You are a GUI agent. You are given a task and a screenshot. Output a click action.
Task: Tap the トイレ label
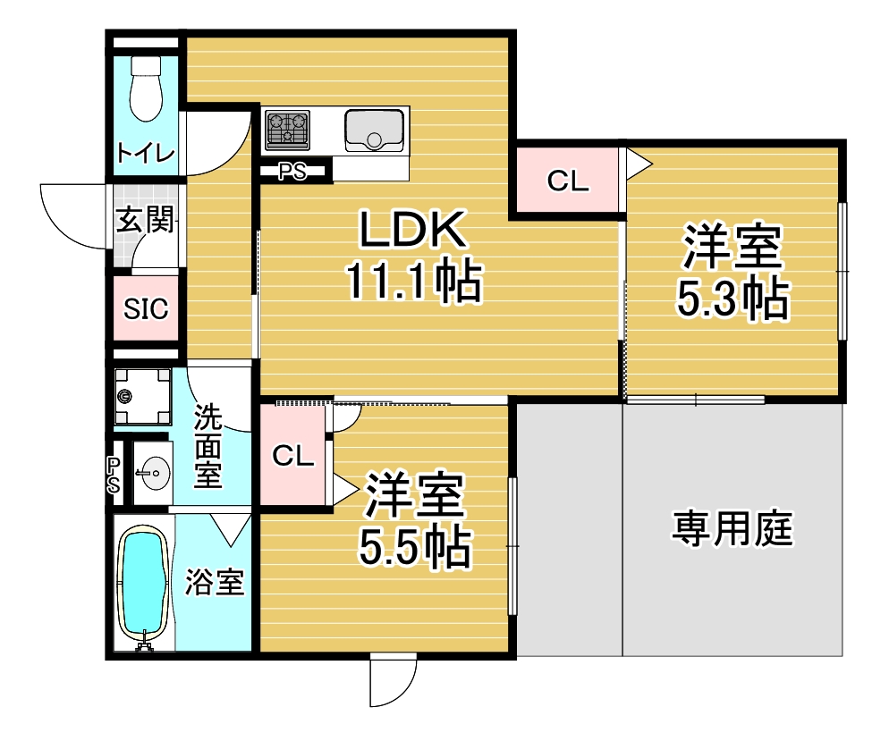tap(146, 153)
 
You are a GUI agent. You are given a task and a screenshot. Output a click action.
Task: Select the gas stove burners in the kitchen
tap(288, 130)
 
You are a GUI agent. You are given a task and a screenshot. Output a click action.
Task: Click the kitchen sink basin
tap(374, 131)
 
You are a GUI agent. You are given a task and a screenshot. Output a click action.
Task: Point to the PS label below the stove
tap(292, 171)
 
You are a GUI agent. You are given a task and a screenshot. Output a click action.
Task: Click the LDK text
tap(414, 230)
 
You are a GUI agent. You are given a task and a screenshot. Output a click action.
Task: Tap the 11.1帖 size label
tap(414, 281)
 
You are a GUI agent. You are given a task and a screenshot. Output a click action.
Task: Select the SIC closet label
tap(146, 308)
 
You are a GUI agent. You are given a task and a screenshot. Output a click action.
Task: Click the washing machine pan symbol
tap(142, 396)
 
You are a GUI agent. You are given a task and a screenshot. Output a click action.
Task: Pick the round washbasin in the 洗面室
tap(155, 472)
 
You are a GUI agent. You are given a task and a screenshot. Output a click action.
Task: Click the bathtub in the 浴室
tap(143, 585)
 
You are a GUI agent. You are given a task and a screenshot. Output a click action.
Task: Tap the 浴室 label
tap(215, 582)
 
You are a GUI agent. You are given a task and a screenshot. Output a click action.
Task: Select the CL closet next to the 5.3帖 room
tap(568, 181)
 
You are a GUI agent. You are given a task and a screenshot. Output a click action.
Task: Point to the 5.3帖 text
tap(732, 299)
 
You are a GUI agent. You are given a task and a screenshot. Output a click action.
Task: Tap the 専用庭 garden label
tap(732, 528)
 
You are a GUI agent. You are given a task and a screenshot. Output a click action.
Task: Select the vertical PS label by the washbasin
tap(114, 475)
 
